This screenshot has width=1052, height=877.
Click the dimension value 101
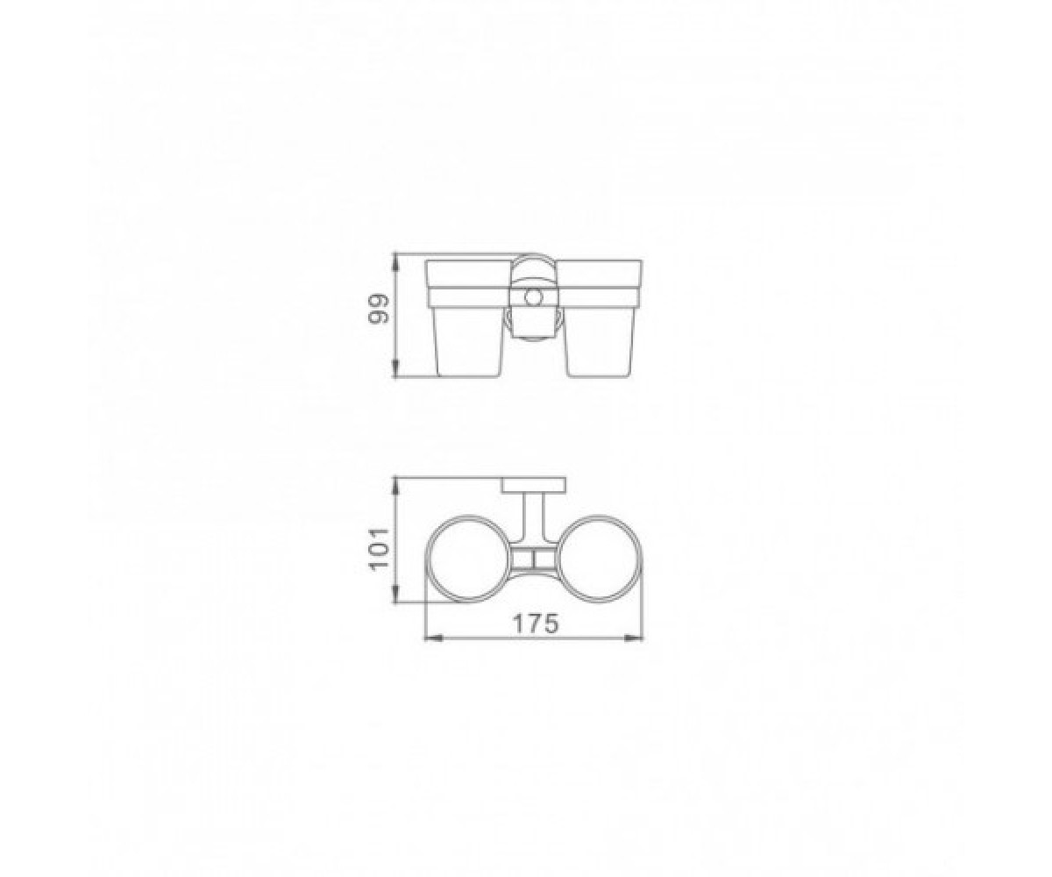379,548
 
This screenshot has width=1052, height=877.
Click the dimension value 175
536,624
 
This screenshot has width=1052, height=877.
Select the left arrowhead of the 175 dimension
434,638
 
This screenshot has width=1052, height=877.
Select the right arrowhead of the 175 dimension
635,638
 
